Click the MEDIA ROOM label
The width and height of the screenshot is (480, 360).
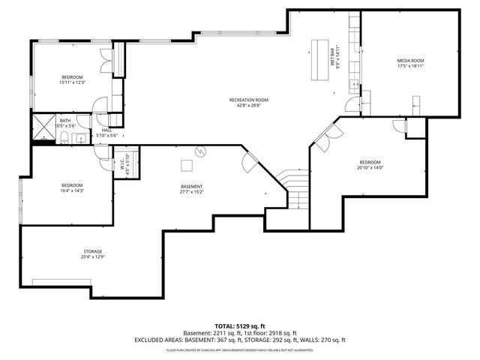(410, 60)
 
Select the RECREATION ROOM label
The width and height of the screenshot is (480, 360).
(248, 100)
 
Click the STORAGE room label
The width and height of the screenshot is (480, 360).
(93, 251)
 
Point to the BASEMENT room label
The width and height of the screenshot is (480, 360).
(191, 186)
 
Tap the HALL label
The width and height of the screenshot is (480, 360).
(107, 130)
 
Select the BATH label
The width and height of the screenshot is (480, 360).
(66, 120)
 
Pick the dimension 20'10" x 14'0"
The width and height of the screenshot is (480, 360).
(370, 169)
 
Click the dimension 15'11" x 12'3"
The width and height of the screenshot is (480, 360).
(73, 82)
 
